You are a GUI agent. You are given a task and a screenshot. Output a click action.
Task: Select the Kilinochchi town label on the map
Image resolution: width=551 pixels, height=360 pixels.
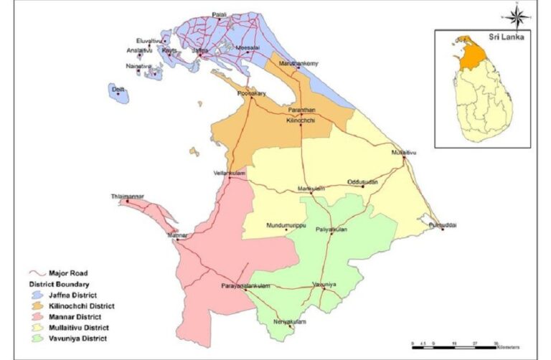(x=301, y=121)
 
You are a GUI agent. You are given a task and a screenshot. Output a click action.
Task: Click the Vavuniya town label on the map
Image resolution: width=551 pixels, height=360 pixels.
(x=324, y=285)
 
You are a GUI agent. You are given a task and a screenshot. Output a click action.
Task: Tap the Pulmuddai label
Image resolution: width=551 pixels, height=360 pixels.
(x=442, y=224)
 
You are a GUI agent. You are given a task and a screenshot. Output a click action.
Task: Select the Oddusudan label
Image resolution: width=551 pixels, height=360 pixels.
(x=362, y=181)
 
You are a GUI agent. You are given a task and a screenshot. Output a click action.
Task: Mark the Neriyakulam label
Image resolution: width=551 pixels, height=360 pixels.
(x=290, y=321)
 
